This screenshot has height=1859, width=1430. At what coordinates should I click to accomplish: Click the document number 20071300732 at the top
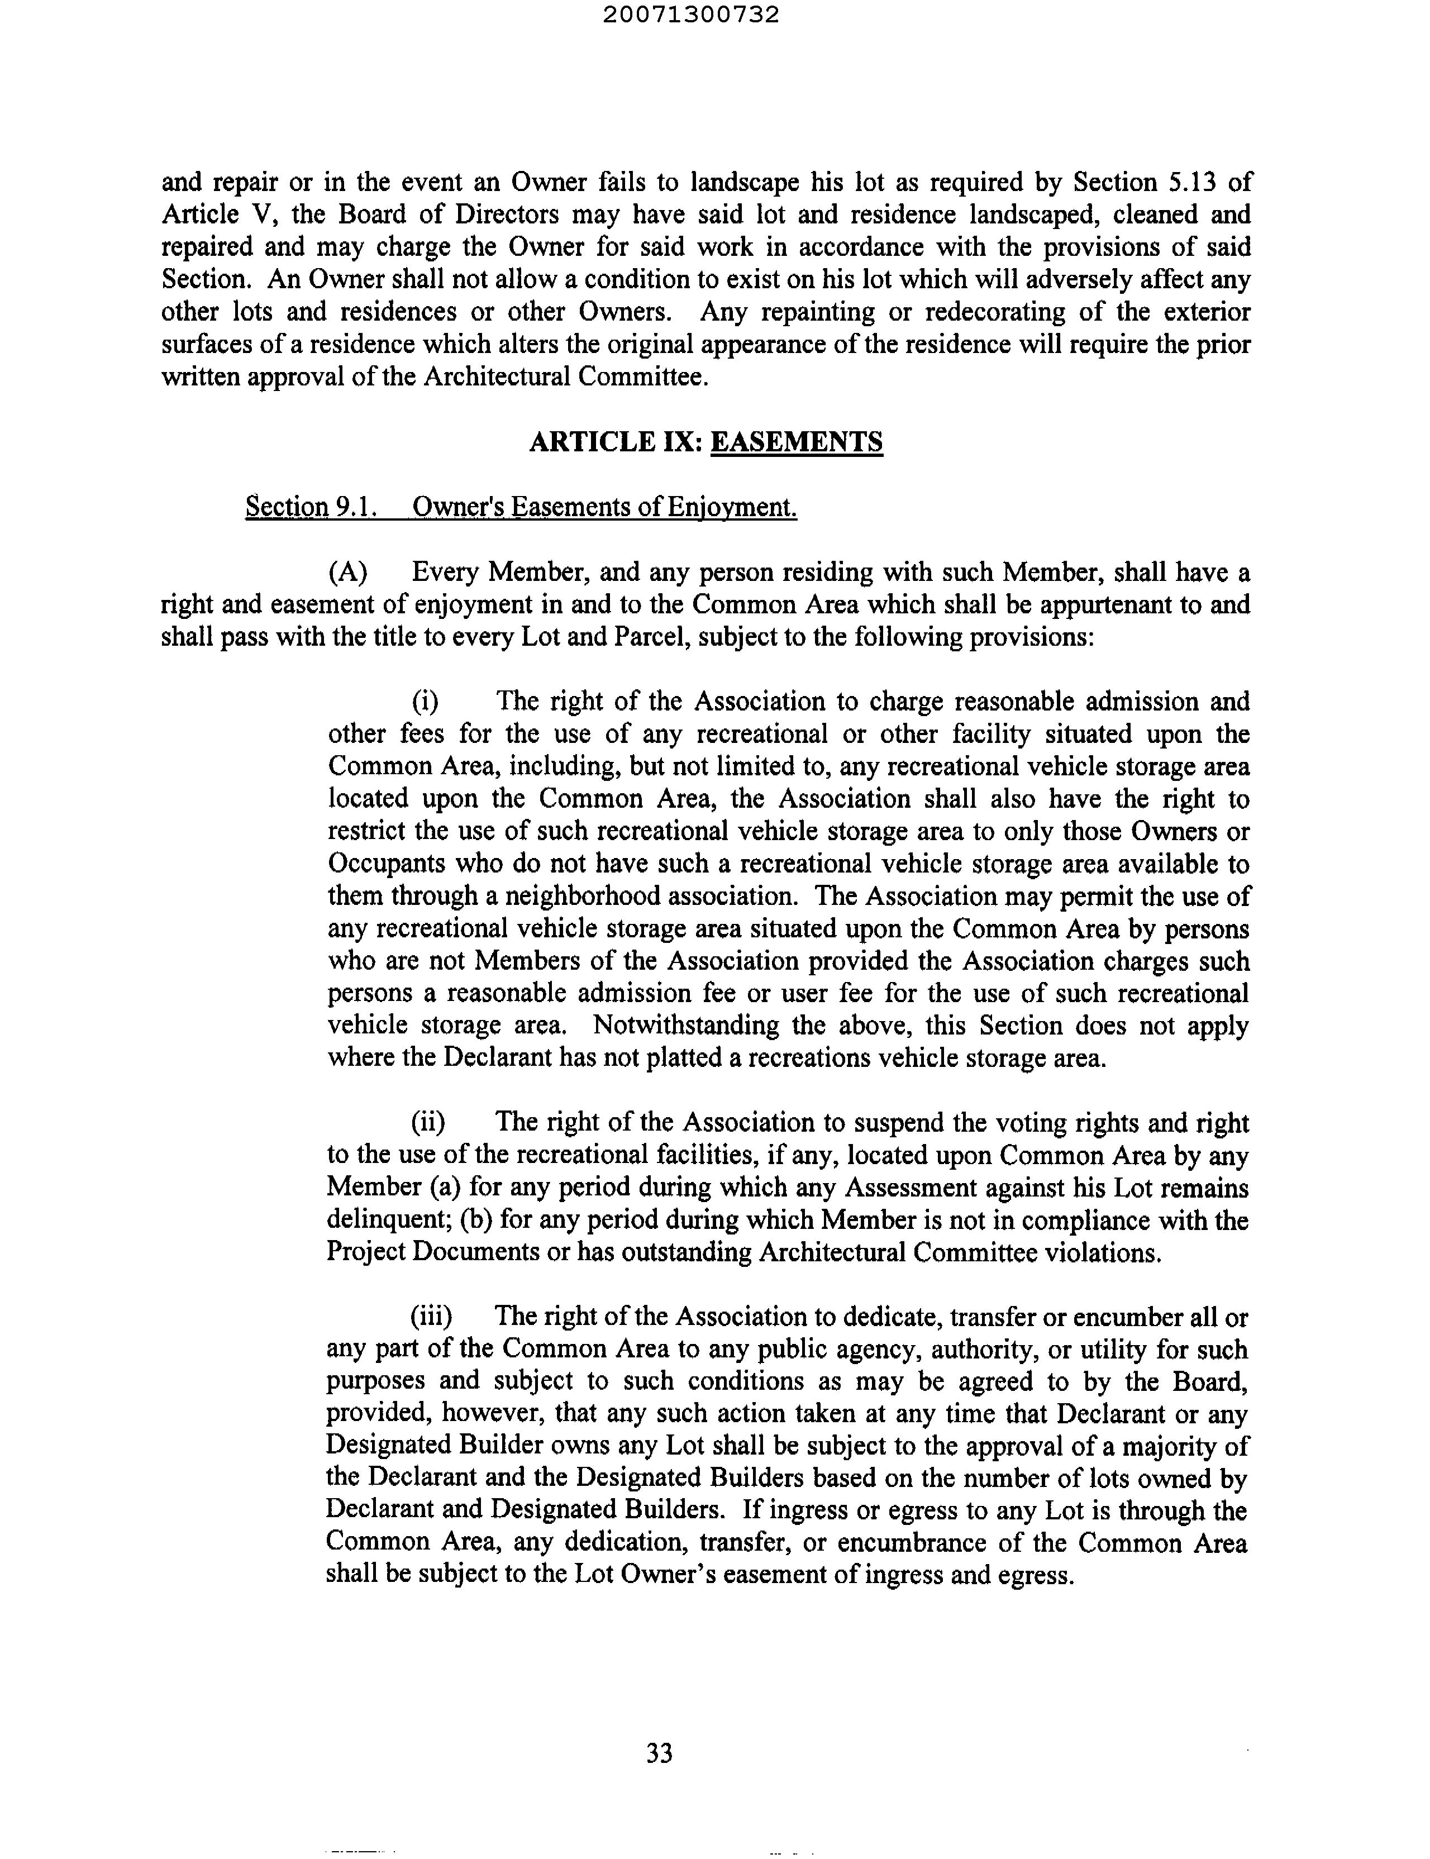pos(691,15)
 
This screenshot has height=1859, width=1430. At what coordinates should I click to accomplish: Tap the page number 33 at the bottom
pos(660,1753)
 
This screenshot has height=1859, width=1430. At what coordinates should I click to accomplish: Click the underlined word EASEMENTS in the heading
pos(797,442)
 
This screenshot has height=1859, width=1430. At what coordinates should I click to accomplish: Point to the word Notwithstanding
pos(686,1025)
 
